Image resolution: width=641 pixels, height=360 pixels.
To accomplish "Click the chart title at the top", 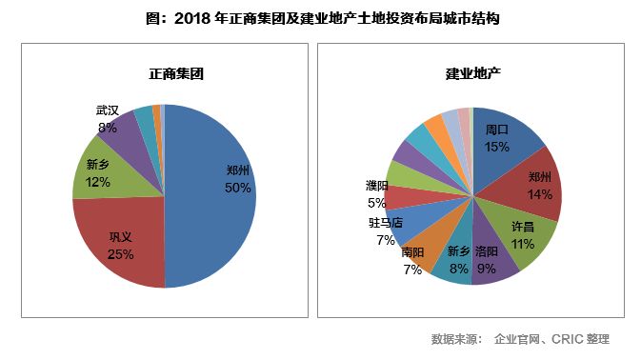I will coord(319,18).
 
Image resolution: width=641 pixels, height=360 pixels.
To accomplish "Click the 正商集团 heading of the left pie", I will coord(164,73).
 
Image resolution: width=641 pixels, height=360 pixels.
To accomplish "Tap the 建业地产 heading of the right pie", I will coord(473,73).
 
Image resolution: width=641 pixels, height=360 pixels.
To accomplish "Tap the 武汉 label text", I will coord(107,111).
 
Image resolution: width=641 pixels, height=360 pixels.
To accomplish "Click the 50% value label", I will coord(238,188).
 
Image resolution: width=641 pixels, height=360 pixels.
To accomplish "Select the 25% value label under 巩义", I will coord(121,254).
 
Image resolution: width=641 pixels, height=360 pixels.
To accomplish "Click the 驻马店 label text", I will coord(386,224).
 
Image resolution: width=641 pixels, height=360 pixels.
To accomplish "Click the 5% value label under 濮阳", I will coord(376,202).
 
